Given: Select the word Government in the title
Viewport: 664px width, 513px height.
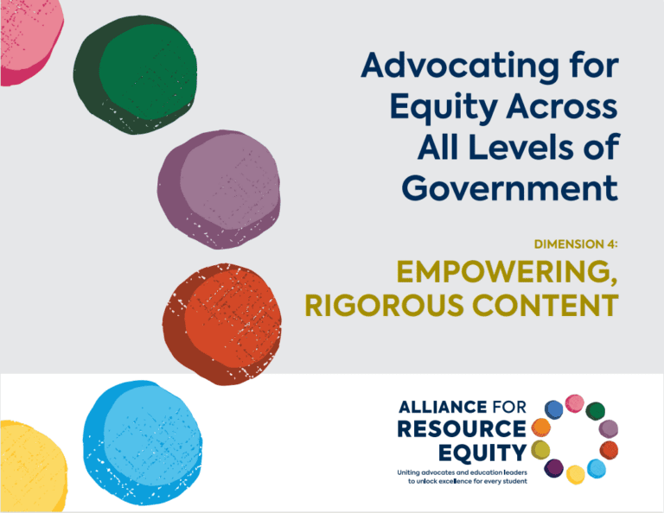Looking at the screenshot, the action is (510, 187).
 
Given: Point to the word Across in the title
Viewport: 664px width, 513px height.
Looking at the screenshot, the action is (562, 106).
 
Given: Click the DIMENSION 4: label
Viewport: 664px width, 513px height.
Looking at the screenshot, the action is (576, 244).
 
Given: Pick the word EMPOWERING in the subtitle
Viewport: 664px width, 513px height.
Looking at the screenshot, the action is (504, 271).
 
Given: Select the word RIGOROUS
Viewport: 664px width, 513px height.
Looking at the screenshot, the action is (384, 306).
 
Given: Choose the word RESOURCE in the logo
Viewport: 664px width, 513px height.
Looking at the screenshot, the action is (462, 429).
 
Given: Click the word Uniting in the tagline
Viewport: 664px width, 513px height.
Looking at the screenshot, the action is (408, 472).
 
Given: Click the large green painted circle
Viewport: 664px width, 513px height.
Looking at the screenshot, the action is (135, 75).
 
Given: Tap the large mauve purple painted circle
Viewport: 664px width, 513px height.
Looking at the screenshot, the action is (219, 189).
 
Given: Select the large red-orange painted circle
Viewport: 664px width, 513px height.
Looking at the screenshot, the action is (222, 325).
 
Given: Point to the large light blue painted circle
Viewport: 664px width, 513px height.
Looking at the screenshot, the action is (143, 443).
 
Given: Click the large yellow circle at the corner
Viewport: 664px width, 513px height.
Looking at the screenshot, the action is (32, 466).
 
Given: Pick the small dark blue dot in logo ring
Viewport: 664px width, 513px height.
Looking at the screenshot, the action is (553, 410).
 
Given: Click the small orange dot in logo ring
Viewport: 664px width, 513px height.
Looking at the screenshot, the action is (540, 427).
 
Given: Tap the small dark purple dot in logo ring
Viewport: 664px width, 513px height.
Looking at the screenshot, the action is (553, 468).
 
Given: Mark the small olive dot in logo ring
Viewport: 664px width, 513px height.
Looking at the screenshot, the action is (540, 450).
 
